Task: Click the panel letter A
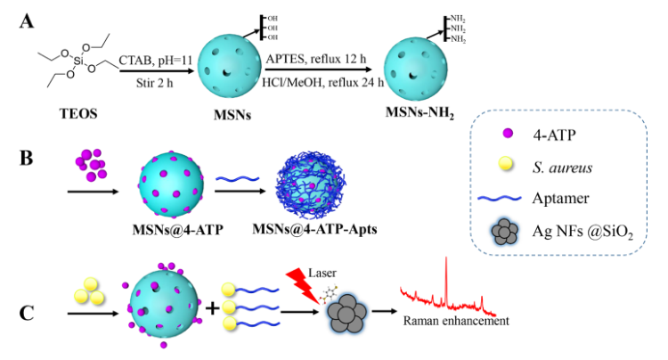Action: pyautogui.click(x=27, y=21)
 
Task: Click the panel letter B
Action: pyautogui.click(x=27, y=158)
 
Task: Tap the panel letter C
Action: pyautogui.click(x=27, y=313)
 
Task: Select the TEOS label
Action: pyautogui.click(x=78, y=114)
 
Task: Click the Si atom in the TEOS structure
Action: pyautogui.click(x=78, y=61)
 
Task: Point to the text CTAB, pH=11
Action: pyautogui.click(x=156, y=61)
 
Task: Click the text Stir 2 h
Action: pyautogui.click(x=155, y=83)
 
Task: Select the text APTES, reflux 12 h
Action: pyautogui.click(x=316, y=59)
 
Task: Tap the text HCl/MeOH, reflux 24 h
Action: pyautogui.click(x=322, y=82)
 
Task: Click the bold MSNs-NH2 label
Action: pyautogui.click(x=420, y=113)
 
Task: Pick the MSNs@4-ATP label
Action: pyautogui.click(x=177, y=230)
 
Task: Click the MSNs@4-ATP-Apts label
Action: pyautogui.click(x=314, y=229)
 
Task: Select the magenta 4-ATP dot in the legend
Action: pyautogui.click(x=508, y=134)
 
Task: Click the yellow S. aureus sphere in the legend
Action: pyautogui.click(x=506, y=164)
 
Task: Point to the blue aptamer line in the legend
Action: pyautogui.click(x=500, y=198)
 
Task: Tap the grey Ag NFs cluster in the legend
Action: pyautogui.click(x=505, y=232)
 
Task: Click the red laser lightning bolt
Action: pyautogui.click(x=304, y=285)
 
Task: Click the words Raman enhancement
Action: pyautogui.click(x=456, y=321)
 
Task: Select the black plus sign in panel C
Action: pyautogui.click(x=212, y=307)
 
